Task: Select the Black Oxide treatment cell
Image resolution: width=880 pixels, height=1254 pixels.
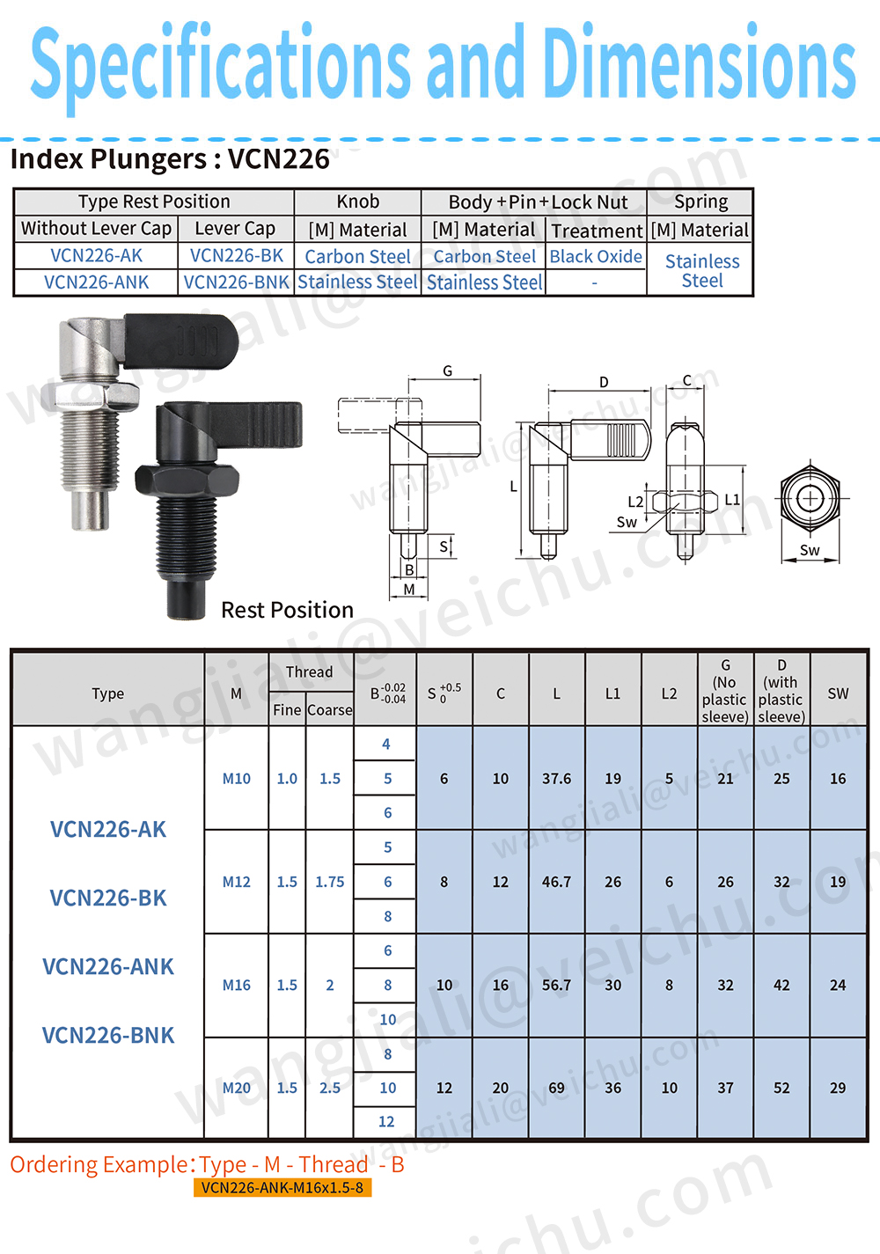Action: [596, 256]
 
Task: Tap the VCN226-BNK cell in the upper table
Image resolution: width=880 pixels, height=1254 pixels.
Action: [236, 282]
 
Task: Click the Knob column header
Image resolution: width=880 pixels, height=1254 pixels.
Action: [357, 202]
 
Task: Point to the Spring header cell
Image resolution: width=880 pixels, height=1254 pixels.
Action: [700, 202]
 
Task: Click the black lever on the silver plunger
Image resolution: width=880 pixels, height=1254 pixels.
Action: [180, 341]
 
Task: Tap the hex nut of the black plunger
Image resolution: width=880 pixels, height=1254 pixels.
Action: [187, 482]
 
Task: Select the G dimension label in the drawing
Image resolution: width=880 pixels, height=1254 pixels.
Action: [447, 370]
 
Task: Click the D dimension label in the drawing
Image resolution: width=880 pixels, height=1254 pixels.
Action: [604, 382]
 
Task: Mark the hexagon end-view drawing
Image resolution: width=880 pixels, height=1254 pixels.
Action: [810, 498]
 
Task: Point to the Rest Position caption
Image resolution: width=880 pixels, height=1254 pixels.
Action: [287, 610]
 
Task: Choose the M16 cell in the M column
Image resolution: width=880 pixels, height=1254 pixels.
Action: [236, 985]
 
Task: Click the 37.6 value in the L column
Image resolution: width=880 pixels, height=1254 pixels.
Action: [556, 778]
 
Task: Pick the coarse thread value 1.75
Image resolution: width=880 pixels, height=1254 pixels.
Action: [330, 882]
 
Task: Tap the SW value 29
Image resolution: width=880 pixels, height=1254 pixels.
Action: [838, 1088]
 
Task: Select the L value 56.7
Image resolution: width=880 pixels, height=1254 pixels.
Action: [556, 985]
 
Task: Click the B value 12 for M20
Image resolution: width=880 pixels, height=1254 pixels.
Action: [386, 1121]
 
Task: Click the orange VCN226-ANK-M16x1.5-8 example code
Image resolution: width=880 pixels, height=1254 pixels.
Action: [282, 1187]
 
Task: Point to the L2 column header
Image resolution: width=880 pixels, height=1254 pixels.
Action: [669, 693]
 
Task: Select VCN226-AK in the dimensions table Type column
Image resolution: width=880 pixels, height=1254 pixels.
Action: [108, 829]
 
